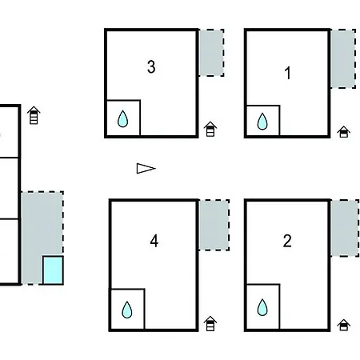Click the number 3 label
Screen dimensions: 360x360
tap(151, 66)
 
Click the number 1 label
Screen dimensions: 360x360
tap(287, 73)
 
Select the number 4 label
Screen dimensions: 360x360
tap(154, 241)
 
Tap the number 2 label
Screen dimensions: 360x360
tap(287, 241)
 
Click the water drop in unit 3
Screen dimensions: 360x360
tap(122, 118)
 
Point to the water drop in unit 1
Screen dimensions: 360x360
tap(262, 122)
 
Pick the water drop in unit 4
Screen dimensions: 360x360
tap(127, 310)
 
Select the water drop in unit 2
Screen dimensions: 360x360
tap(262, 307)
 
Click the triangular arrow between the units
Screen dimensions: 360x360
tap(146, 169)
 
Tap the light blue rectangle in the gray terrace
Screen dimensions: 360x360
tap(53, 270)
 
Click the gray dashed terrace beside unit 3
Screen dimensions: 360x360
tap(211, 53)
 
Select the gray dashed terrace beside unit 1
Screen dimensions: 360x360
tap(343, 58)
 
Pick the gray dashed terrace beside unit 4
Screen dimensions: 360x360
tap(214, 225)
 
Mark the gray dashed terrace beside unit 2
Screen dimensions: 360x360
tap(345, 228)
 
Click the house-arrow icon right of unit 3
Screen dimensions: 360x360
tap(210, 129)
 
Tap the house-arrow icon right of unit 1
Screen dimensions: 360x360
tap(344, 132)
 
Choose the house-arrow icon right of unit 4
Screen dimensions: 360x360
tap(210, 323)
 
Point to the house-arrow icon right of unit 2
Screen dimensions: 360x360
tap(344, 325)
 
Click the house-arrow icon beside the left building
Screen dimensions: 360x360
tap(34, 115)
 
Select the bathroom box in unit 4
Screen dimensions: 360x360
tap(128, 310)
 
